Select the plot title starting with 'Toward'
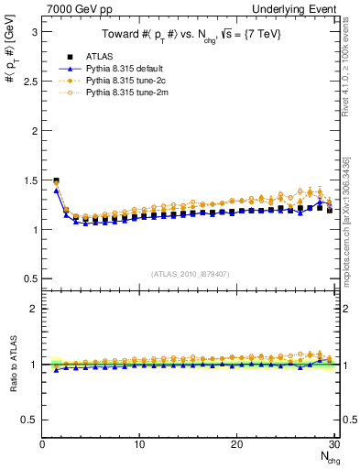189,36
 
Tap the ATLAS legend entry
98,58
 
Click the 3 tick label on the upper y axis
34,31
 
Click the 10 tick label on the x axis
139,445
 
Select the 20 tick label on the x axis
236,445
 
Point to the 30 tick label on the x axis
333,445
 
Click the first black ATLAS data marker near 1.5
56,180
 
